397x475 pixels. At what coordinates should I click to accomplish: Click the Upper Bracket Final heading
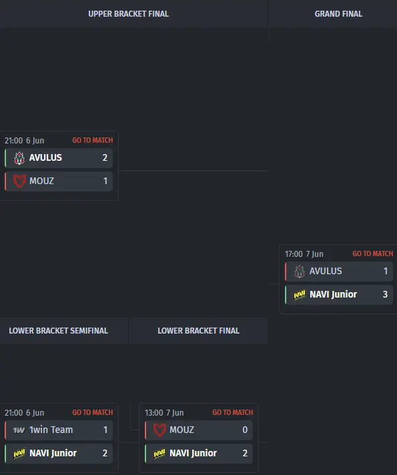(129, 14)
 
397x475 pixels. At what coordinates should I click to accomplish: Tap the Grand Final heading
(338, 14)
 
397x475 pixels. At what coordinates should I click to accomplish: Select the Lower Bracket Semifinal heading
(59, 330)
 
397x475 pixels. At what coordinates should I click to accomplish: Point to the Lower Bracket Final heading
(199, 330)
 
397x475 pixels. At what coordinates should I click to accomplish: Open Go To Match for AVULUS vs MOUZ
(93, 140)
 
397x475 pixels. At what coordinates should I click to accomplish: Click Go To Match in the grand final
(373, 254)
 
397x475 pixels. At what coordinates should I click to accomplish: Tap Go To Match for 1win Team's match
(93, 412)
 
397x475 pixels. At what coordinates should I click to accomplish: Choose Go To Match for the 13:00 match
(232, 412)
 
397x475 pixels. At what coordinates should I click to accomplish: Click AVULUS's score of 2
(105, 157)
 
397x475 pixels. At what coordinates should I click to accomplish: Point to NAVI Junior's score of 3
(385, 294)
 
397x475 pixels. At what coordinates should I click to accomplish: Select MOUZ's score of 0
(245, 430)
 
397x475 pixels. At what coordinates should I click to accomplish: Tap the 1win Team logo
(19, 430)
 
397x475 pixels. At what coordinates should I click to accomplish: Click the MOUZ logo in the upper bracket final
(19, 181)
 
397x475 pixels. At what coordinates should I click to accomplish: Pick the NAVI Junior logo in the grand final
(300, 294)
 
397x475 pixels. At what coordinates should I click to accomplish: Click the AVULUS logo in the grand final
(300, 271)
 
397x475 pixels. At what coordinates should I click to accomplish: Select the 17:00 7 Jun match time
(304, 254)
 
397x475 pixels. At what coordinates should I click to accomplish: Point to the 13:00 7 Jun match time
(164, 412)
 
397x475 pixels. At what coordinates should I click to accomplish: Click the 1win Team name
(51, 430)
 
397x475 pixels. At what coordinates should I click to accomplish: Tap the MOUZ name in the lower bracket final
(181, 430)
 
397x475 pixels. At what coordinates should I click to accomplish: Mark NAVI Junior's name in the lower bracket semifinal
(53, 453)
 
